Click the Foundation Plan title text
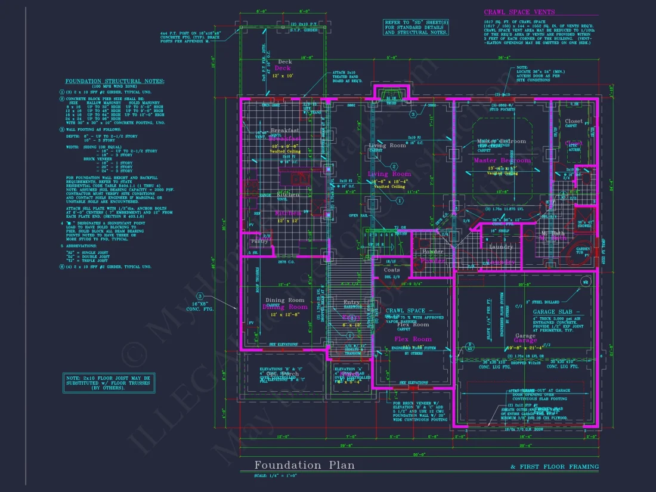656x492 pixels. pyautogui.click(x=304, y=465)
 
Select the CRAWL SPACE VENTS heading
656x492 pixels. pyautogui.click(x=519, y=12)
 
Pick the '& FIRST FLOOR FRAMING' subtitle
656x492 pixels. pyautogui.click(x=555, y=466)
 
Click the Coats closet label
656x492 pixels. pyautogui.click(x=392, y=270)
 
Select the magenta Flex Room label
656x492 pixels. pyautogui.click(x=413, y=339)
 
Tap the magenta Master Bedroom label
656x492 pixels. pyautogui.click(x=502, y=160)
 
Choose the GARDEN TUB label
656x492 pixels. pyautogui.click(x=583, y=250)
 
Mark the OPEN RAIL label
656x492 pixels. pyautogui.click(x=358, y=215)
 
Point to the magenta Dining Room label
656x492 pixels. pyautogui.click(x=285, y=307)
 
